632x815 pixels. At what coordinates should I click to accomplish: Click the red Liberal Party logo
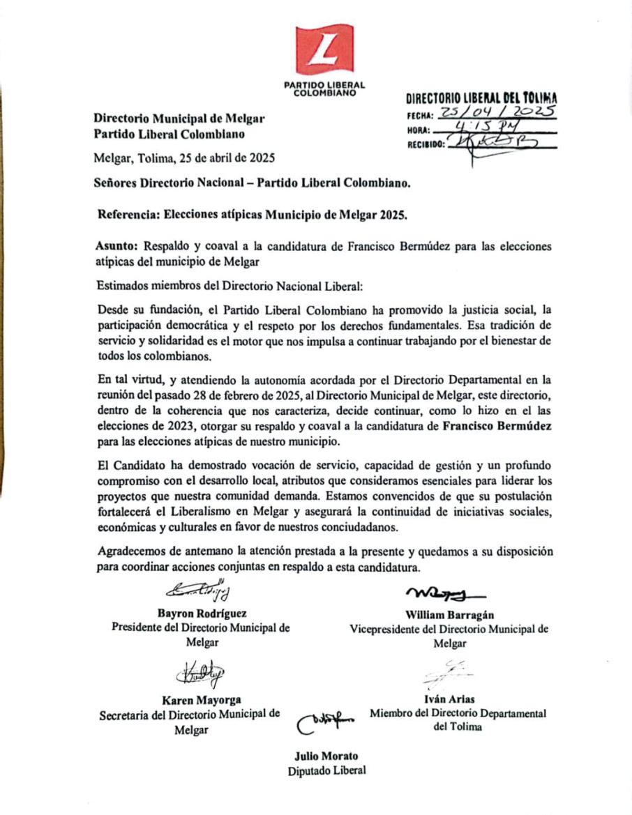coord(324,49)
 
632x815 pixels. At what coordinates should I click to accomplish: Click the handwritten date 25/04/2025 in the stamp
coord(497,113)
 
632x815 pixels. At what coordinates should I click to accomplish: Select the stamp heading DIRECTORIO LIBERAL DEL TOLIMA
coord(481,99)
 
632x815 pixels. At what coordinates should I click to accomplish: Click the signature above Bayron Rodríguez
coord(198,591)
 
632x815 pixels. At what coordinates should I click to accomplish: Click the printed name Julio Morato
coord(326,756)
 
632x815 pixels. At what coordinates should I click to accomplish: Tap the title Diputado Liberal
coord(326,770)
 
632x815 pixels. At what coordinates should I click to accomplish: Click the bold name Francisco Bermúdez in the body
coord(497,428)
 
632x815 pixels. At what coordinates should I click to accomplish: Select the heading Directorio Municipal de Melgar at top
coord(179,119)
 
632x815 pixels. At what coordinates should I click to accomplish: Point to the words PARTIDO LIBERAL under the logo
coord(324,84)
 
